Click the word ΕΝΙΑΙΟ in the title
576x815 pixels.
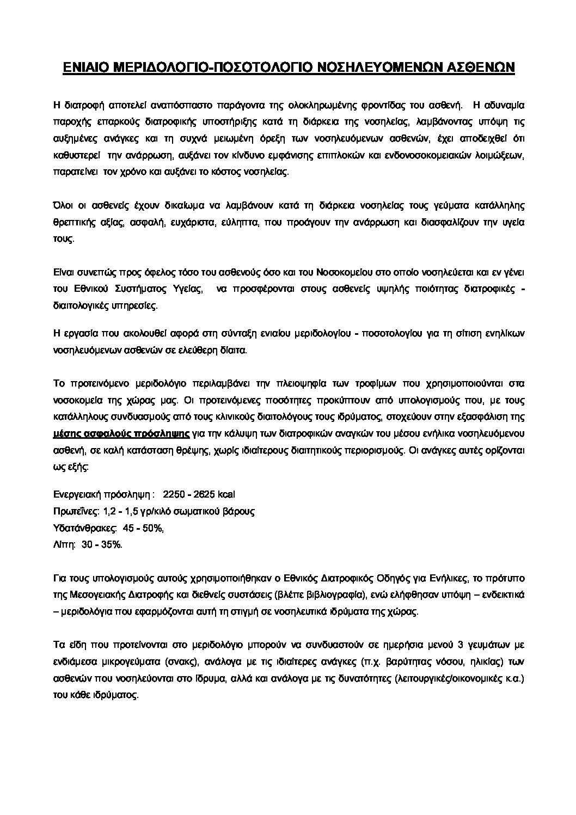[89, 68]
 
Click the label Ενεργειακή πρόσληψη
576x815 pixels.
[101, 494]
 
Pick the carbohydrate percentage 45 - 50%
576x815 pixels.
[144, 528]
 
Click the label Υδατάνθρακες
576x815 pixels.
[85, 528]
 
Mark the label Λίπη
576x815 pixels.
[64, 545]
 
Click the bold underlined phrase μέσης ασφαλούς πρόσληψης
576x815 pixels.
[121, 434]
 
